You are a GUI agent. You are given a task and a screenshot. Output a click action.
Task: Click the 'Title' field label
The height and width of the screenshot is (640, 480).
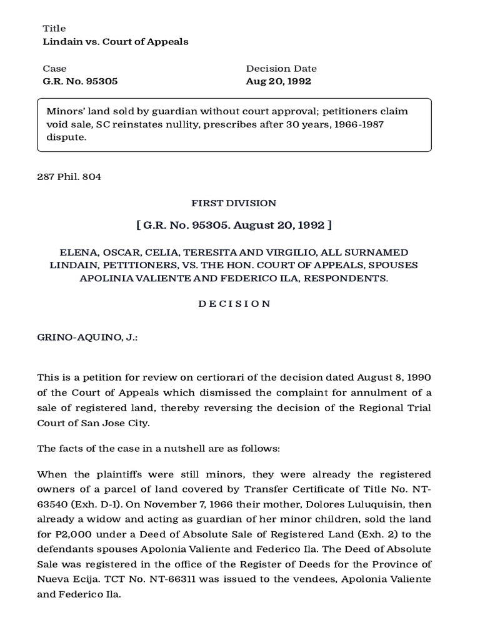(54, 29)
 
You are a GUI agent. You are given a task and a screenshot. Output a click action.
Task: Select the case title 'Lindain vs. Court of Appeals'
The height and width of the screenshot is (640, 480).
(115, 42)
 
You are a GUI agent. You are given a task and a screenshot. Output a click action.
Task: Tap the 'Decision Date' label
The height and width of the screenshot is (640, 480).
(281, 69)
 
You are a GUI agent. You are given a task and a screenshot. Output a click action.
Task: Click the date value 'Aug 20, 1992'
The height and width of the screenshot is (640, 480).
(278, 81)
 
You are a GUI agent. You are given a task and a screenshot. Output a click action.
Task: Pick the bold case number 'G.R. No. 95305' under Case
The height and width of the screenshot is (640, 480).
(80, 81)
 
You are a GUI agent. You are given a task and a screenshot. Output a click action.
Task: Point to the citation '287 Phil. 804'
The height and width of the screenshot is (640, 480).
(69, 177)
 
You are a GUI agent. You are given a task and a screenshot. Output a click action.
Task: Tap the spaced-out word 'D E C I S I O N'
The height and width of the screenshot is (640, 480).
(234, 304)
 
